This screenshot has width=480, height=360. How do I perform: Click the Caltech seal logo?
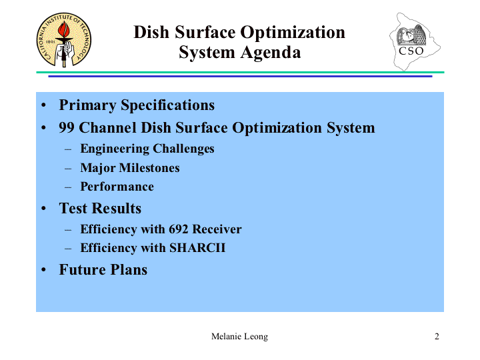64,40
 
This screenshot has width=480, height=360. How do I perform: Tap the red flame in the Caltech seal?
64,29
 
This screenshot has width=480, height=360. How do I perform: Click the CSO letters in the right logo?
411,51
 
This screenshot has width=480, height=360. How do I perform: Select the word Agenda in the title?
270,53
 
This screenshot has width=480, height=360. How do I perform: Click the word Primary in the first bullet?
87,105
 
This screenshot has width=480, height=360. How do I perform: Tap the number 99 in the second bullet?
67,127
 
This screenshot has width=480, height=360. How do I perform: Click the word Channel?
107,127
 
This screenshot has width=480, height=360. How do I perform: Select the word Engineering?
115,149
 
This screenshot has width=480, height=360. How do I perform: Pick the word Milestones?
149,168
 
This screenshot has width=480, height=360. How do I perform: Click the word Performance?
117,187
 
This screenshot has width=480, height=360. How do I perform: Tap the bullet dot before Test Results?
43,209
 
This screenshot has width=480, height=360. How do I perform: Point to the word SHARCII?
197,247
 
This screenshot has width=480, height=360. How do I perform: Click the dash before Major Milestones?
68,169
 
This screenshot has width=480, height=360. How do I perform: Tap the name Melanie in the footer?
225,337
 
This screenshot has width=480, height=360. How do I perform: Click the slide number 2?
437,337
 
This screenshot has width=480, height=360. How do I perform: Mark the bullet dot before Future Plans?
43,270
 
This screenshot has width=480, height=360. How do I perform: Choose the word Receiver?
217,229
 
